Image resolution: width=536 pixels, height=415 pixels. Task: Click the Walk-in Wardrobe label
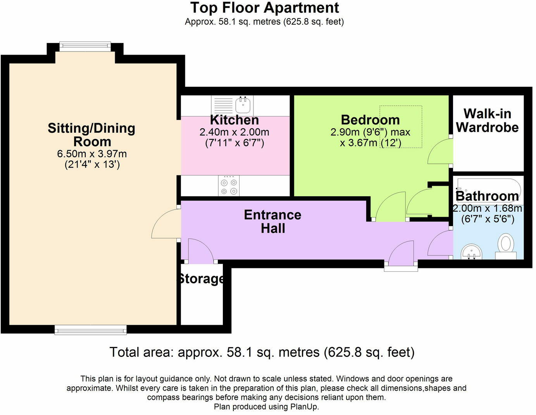click(487, 120)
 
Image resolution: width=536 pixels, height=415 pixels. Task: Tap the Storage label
click(201, 279)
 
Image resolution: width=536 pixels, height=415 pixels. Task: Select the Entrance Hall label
click(272, 221)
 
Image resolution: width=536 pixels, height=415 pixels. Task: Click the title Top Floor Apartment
click(264, 8)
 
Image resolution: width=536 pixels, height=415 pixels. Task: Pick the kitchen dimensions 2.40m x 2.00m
click(234, 132)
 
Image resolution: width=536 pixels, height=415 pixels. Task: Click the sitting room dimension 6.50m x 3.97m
click(92, 154)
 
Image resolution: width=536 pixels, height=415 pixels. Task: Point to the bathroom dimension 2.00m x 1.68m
click(488, 208)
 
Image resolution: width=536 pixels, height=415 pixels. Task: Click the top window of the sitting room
click(85, 46)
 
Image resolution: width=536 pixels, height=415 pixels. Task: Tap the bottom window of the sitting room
click(91, 330)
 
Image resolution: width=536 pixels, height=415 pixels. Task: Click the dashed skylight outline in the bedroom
click(401, 126)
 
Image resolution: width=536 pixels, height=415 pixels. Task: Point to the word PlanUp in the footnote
click(304, 407)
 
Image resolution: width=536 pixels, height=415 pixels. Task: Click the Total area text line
click(262, 352)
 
